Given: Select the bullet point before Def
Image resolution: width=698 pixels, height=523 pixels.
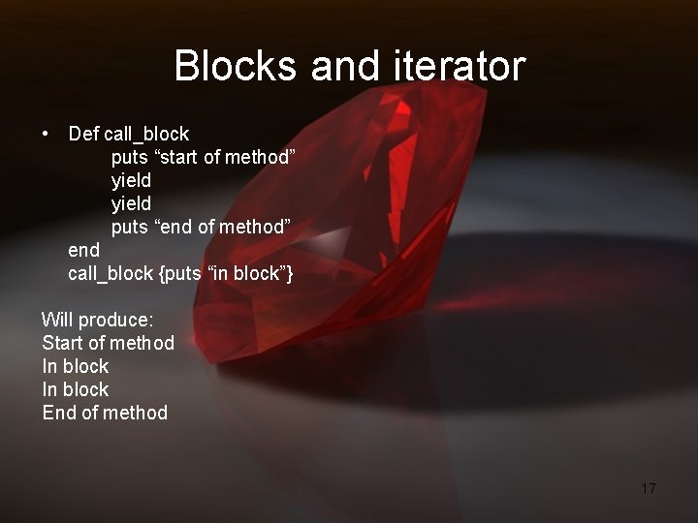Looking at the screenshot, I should coord(46,133).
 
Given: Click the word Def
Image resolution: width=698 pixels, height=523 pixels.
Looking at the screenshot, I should coord(83,134).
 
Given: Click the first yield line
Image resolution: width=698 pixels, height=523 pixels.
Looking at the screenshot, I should coord(131,180).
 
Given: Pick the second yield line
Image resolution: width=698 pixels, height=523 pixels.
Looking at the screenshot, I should coord(131,203).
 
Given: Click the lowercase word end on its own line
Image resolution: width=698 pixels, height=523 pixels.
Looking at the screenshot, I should coord(83,250).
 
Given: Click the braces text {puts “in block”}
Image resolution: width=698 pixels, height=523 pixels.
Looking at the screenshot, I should coord(225,273).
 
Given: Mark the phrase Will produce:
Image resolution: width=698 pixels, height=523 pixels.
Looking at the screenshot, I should coord(97,320).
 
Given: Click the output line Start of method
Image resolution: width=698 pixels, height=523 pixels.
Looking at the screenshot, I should coord(109,343).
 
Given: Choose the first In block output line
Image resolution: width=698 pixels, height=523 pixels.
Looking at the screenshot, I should coord(76,366).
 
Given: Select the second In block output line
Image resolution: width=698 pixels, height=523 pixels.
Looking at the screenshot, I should coord(76,389).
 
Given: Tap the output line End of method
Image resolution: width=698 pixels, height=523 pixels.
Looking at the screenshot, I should coord(105,413).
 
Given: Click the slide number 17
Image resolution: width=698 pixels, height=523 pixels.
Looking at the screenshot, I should coord(649,488).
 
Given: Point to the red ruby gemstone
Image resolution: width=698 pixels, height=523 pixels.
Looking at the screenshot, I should coord(359,223).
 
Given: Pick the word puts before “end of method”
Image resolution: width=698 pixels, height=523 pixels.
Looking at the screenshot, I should coord(129,227).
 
